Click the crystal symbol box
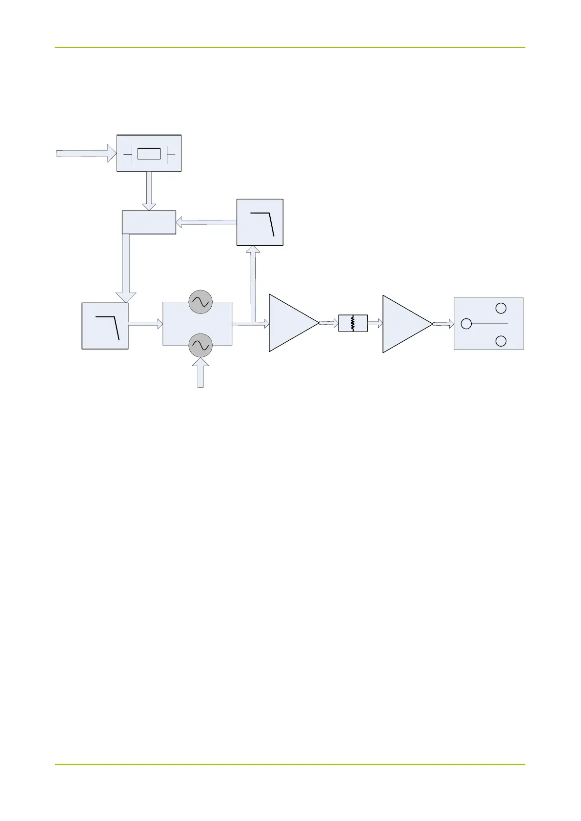coord(149,154)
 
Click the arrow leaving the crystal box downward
coord(149,191)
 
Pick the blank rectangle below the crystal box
coord(149,222)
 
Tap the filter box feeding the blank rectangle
coord(260,222)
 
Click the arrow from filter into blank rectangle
coord(206,223)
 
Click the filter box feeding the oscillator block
coord(105,326)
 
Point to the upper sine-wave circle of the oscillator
coord(200,302)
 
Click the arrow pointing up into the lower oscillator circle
coord(200,373)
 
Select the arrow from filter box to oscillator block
coord(145,323)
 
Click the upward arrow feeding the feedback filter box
coord(253,283)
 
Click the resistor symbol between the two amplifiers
coord(353,323)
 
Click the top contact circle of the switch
coord(501,308)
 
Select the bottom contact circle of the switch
coord(501,341)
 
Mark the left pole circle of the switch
coord(466,324)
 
